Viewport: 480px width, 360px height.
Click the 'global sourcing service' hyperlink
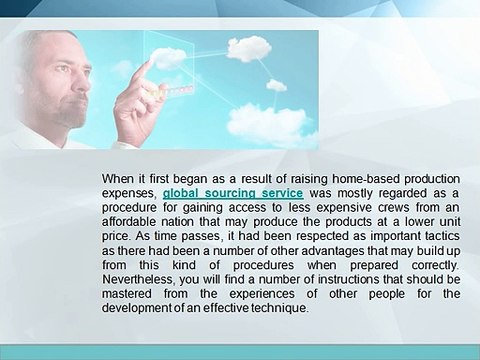click(220, 192)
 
